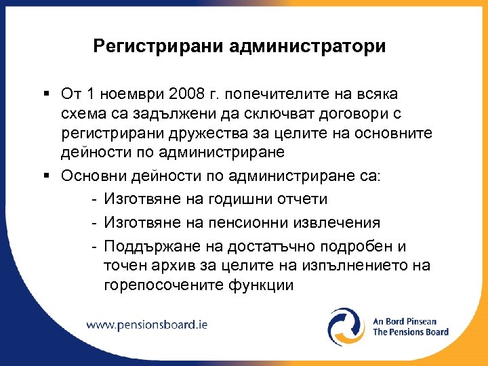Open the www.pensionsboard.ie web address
click(x=147, y=324)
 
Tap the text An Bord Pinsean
click(x=405, y=321)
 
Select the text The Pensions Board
click(x=410, y=332)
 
